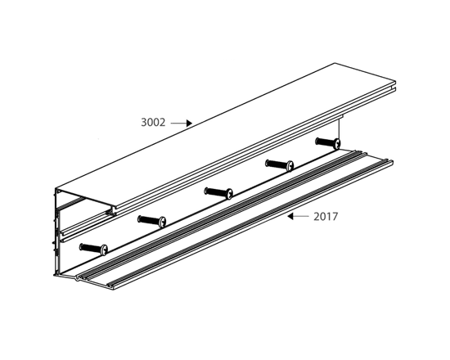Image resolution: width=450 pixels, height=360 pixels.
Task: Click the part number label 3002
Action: tap(153, 123)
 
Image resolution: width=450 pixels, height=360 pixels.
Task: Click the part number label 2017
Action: tap(326, 217)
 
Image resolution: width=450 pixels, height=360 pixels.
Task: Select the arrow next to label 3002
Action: tap(182, 124)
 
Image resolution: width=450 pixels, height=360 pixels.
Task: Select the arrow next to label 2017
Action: tap(298, 216)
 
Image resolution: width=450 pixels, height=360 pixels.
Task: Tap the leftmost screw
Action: tap(93, 249)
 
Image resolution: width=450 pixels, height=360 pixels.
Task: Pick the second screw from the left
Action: tap(152, 221)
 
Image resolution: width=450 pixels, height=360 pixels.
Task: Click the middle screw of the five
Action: tap(218, 192)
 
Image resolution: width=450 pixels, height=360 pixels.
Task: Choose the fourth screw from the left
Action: tap(280, 165)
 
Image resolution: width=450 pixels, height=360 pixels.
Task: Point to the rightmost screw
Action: tap(328, 142)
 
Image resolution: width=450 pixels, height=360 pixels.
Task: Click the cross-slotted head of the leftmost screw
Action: tap(104, 250)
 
